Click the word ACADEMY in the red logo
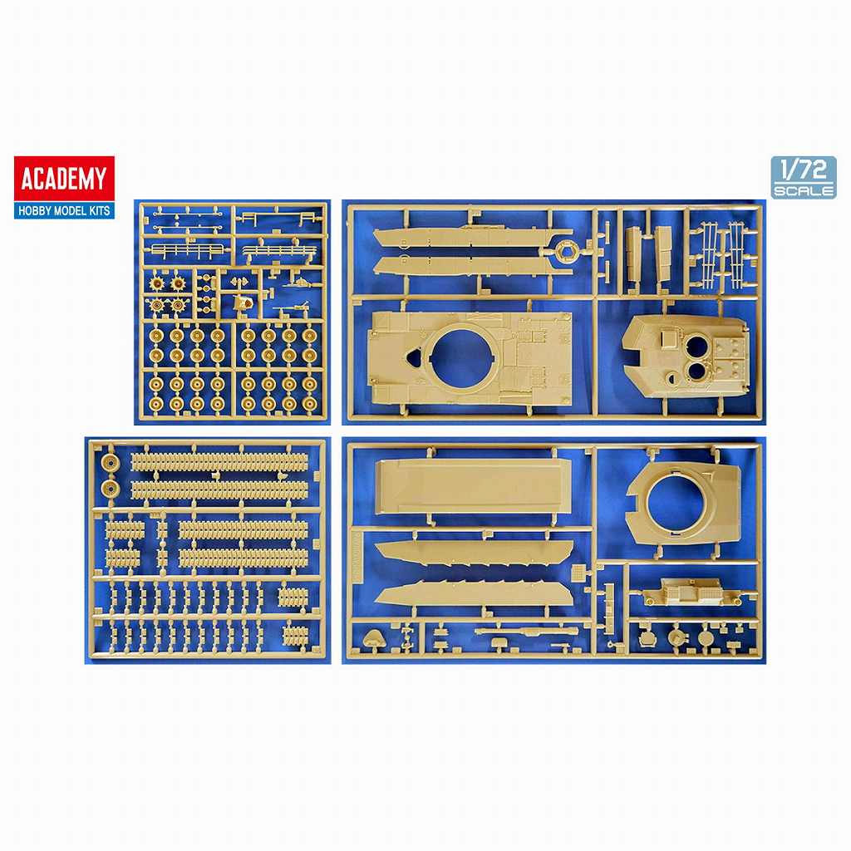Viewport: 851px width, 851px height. click(x=63, y=179)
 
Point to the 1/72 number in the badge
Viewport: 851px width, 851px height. click(x=804, y=170)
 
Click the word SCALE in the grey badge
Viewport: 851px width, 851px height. click(x=804, y=190)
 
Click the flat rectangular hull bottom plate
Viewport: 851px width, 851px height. click(x=473, y=485)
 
